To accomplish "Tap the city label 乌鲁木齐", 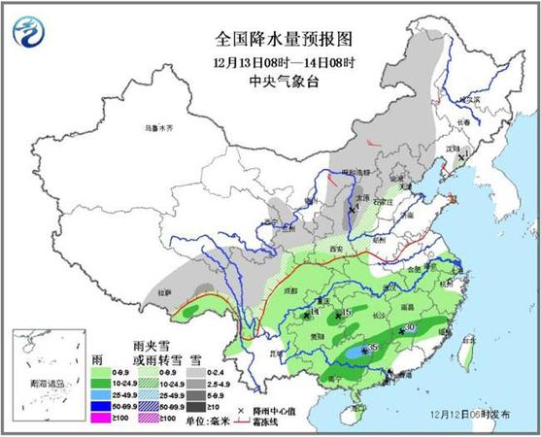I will point(157,128).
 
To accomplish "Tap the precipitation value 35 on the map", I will point(373,348).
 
